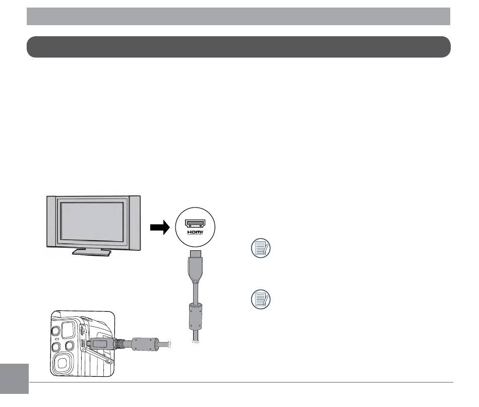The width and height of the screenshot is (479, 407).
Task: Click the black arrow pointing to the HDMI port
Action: click(x=160, y=227)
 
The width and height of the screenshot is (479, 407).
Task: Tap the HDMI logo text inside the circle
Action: click(x=195, y=233)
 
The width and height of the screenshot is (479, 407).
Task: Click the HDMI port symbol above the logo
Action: click(x=195, y=223)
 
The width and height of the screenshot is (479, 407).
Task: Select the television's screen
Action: click(x=92, y=222)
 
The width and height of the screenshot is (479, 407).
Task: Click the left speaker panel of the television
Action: click(x=51, y=221)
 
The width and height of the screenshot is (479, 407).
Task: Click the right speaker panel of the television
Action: click(x=135, y=221)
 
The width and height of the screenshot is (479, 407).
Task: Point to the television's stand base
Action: click(x=92, y=252)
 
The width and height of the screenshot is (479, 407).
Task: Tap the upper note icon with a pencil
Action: click(x=261, y=248)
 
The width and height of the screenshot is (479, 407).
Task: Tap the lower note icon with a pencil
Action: click(x=261, y=299)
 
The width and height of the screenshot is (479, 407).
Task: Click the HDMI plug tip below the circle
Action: click(x=195, y=253)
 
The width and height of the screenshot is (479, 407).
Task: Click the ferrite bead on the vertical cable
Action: click(x=195, y=317)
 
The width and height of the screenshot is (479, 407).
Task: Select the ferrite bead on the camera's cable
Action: click(x=145, y=344)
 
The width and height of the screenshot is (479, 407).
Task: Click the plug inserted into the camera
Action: click(x=101, y=343)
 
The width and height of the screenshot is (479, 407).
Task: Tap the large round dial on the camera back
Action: click(x=63, y=363)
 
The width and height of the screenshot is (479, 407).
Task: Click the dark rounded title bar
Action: click(x=238, y=47)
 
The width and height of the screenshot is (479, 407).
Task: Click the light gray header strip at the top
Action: click(x=238, y=17)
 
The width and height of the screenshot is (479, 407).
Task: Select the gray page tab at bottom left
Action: click(x=14, y=379)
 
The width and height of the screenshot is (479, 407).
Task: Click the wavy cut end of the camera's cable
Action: click(x=169, y=345)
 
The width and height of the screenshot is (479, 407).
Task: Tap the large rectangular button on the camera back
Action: click(x=68, y=330)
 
